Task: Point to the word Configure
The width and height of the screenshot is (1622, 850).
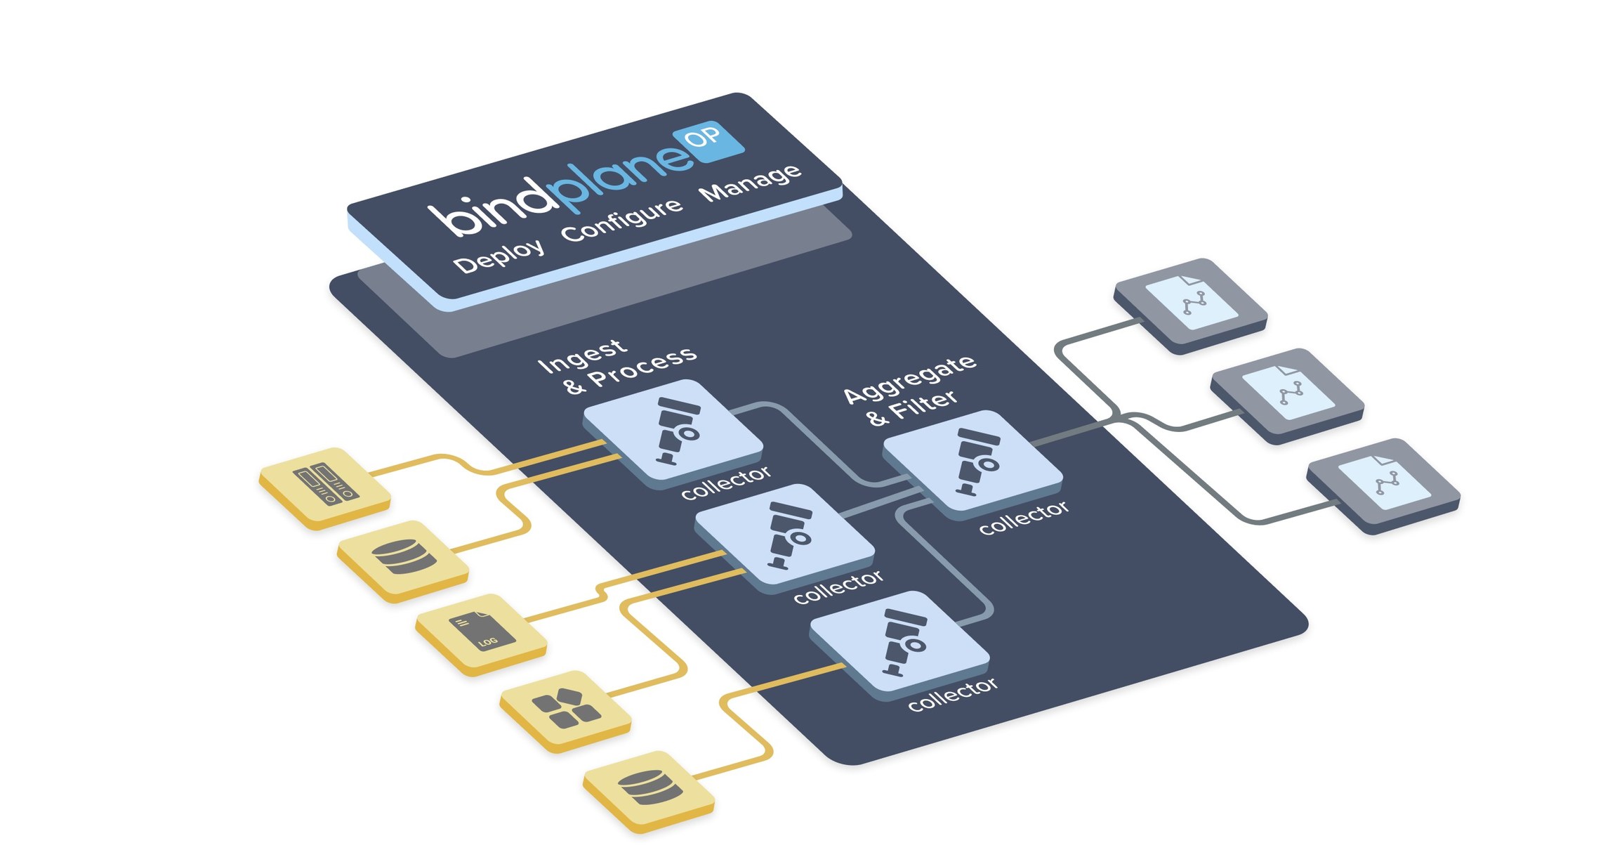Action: (x=621, y=219)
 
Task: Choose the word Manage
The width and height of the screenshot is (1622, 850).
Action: (x=750, y=182)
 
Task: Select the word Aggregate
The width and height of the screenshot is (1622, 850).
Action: (x=909, y=379)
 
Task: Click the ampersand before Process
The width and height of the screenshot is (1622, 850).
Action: (x=574, y=386)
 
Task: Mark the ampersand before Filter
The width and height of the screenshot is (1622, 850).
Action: (x=877, y=418)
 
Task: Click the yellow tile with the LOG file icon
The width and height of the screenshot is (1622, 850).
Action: (x=481, y=632)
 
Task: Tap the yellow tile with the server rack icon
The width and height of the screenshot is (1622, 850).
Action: (x=324, y=485)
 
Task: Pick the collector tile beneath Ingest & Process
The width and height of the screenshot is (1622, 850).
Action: (x=673, y=430)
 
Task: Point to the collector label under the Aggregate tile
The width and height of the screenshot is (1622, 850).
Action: (x=1024, y=517)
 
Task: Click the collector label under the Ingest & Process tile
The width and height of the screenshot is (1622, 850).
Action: (x=725, y=482)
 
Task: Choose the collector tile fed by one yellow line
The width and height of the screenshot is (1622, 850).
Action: (x=899, y=642)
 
